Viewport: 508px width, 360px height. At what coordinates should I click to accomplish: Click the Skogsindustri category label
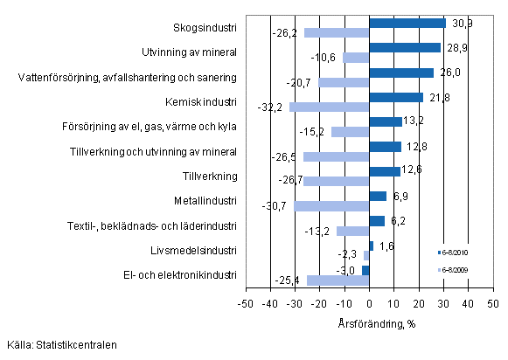tap(207, 28)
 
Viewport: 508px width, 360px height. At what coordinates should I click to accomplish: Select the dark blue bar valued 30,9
tap(407, 23)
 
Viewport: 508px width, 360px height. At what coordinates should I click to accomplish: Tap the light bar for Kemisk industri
tap(330, 107)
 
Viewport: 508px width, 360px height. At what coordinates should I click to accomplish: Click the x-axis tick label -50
tap(246, 302)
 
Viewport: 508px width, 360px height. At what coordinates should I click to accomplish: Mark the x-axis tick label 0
tap(370, 302)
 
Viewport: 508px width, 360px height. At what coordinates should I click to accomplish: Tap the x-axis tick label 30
tap(444, 302)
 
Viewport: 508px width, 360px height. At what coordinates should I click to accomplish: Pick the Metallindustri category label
tap(205, 200)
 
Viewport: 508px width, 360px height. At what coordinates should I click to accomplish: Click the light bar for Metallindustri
tap(331, 205)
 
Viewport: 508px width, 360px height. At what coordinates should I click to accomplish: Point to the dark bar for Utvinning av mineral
tap(405, 47)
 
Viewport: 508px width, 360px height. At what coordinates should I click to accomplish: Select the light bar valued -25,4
tap(338, 280)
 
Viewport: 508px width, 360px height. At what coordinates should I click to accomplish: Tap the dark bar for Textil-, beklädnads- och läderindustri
tap(377, 220)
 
